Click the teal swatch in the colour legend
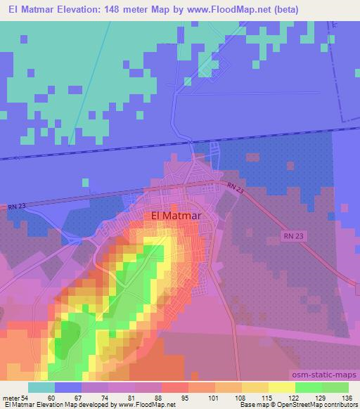click(41, 387)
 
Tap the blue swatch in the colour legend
click(68, 387)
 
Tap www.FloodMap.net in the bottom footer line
click(145, 405)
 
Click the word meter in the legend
click(12, 398)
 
